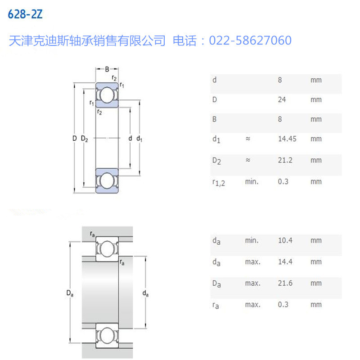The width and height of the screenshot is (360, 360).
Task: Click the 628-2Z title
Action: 26,14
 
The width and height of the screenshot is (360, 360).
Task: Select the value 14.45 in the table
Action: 287,139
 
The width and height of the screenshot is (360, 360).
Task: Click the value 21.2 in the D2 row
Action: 284,160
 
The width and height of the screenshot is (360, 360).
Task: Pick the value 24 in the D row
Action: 282,99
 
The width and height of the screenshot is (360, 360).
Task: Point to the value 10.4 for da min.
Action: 285,240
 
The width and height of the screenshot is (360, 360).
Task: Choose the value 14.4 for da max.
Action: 285,262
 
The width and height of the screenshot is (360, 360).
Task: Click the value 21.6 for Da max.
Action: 285,283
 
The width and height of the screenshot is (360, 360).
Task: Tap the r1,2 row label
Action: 218,182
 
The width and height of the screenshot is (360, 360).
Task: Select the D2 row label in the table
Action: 216,161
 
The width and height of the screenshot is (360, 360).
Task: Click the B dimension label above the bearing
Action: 107,69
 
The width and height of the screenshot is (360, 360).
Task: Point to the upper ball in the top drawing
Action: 107,95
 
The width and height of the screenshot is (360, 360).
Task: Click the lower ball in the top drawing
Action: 107,180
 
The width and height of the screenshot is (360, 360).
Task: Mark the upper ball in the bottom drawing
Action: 107,248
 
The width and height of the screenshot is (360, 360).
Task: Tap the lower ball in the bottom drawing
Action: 107,336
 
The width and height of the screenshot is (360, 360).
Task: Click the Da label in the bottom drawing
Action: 69,294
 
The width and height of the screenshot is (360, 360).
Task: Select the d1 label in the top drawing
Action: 139,139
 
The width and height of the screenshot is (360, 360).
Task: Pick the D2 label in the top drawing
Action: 85,139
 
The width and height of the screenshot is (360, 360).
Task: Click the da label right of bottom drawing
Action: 145,294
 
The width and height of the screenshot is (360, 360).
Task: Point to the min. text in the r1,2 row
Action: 252,182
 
